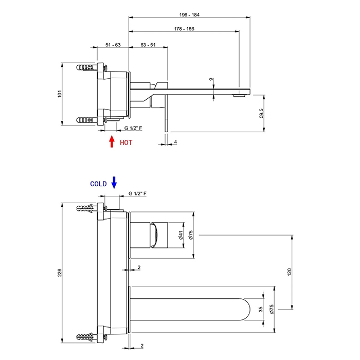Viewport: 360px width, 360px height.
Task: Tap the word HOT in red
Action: (x=126, y=142)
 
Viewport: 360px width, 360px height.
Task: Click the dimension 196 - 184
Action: (x=190, y=14)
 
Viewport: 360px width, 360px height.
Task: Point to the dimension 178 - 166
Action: (x=183, y=28)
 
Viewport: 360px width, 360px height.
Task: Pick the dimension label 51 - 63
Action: (x=113, y=45)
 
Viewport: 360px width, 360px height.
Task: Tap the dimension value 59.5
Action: (x=262, y=114)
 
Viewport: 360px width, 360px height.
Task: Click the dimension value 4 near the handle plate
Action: (x=175, y=141)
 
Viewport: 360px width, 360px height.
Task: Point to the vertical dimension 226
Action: (x=60, y=273)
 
